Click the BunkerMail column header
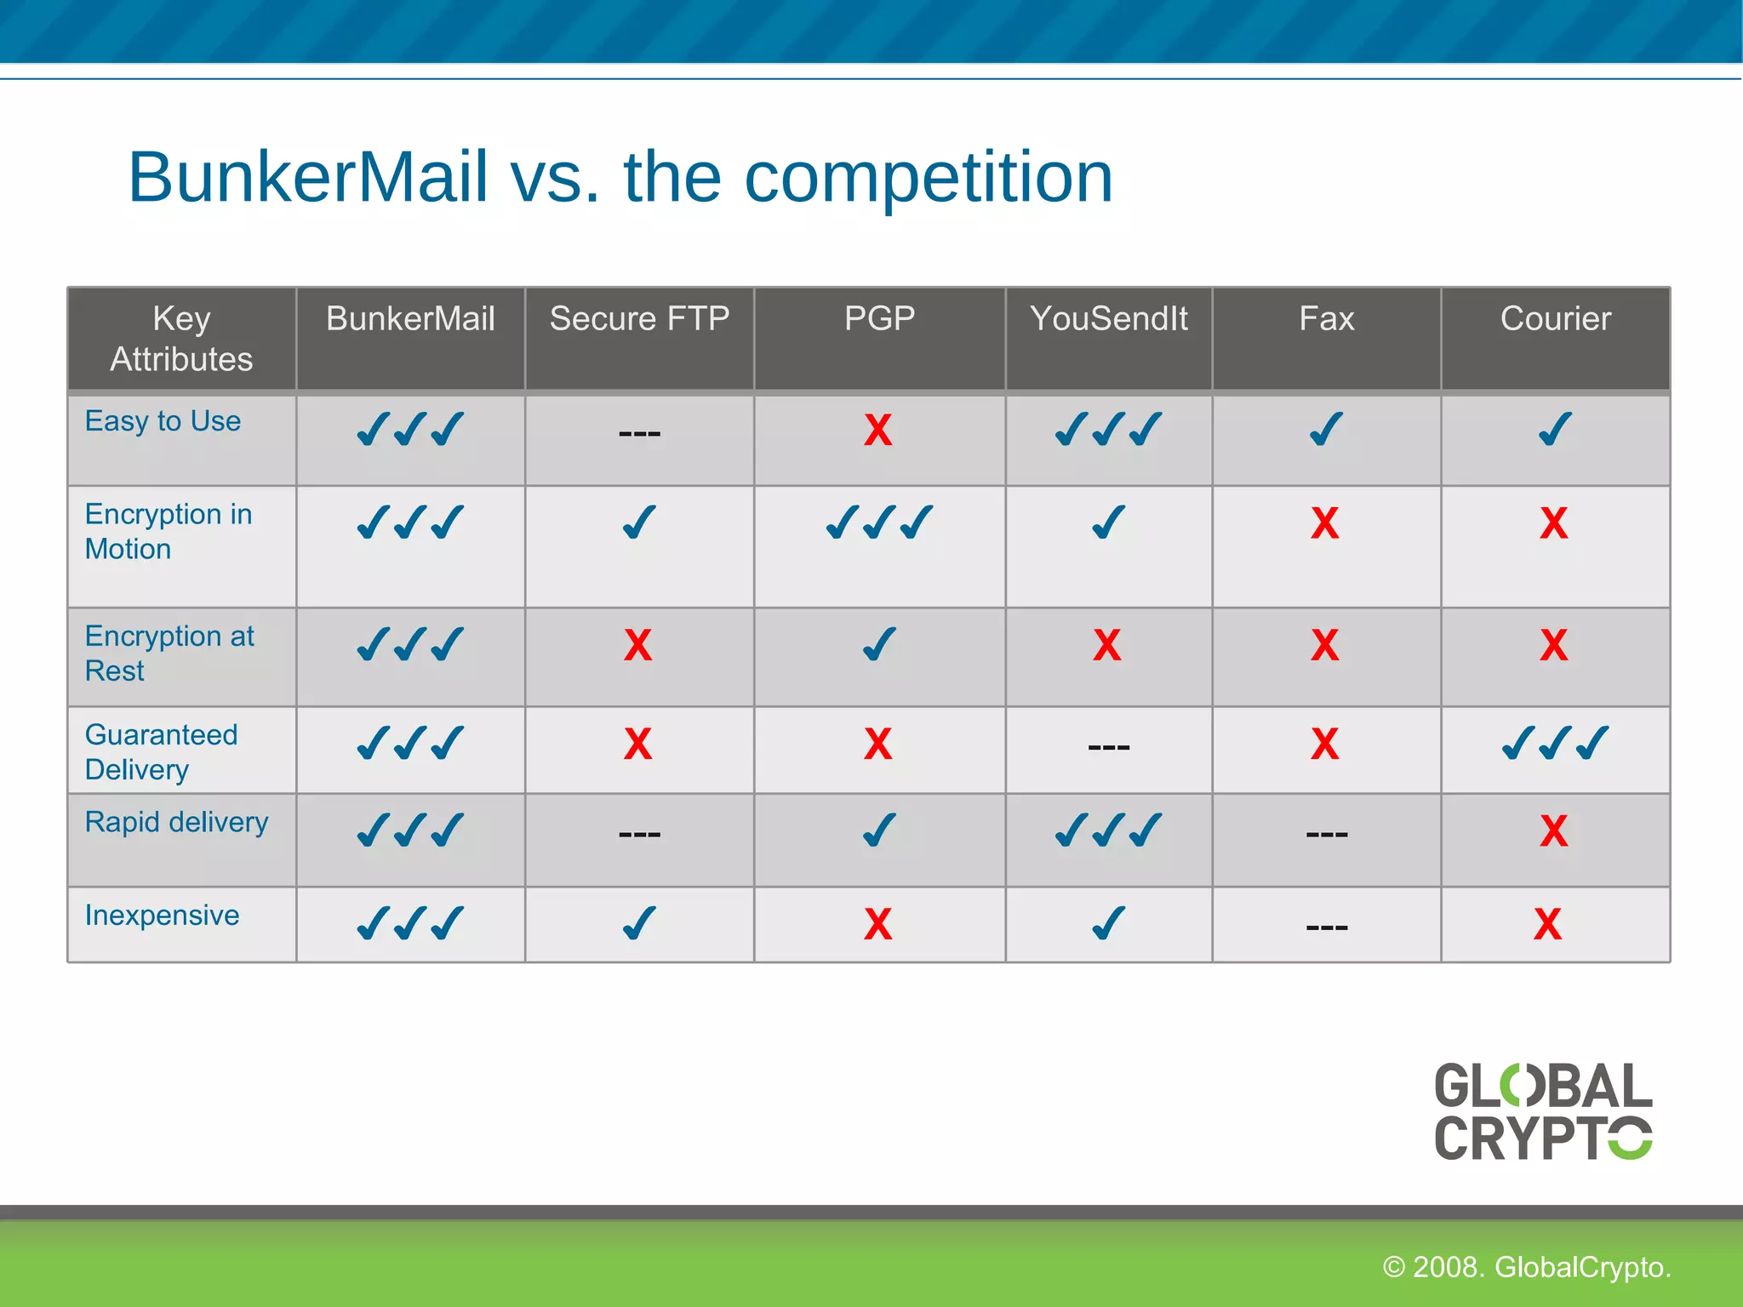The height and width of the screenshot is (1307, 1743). (x=410, y=319)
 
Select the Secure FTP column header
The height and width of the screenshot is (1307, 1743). (x=639, y=319)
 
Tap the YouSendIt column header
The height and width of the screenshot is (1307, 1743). (x=1108, y=319)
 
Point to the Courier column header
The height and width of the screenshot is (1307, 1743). (x=1555, y=319)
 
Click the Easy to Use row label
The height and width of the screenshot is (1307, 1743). (x=163, y=421)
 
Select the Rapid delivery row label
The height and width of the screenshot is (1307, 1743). (x=176, y=822)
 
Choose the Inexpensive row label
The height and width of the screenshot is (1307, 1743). (x=162, y=916)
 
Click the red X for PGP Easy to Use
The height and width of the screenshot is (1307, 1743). (x=877, y=430)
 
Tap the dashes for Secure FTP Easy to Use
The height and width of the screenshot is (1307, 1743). (x=639, y=434)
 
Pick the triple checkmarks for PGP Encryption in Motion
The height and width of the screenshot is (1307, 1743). (x=879, y=522)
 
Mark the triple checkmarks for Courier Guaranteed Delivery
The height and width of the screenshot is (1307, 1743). (x=1555, y=743)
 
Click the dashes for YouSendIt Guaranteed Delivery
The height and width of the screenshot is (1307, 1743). (x=1108, y=747)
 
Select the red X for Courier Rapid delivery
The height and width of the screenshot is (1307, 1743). (x=1553, y=830)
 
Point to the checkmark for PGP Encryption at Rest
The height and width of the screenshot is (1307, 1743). (x=879, y=644)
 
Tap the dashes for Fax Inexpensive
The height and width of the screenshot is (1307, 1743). (x=1326, y=927)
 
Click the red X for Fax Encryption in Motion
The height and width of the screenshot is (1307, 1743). (x=1324, y=523)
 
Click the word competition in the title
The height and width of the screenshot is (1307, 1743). (x=928, y=177)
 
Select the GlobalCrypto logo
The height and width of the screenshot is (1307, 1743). (x=1542, y=1111)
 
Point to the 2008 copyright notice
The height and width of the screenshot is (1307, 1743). (x=1526, y=1267)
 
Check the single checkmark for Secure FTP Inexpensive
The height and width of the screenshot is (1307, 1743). (x=639, y=923)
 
